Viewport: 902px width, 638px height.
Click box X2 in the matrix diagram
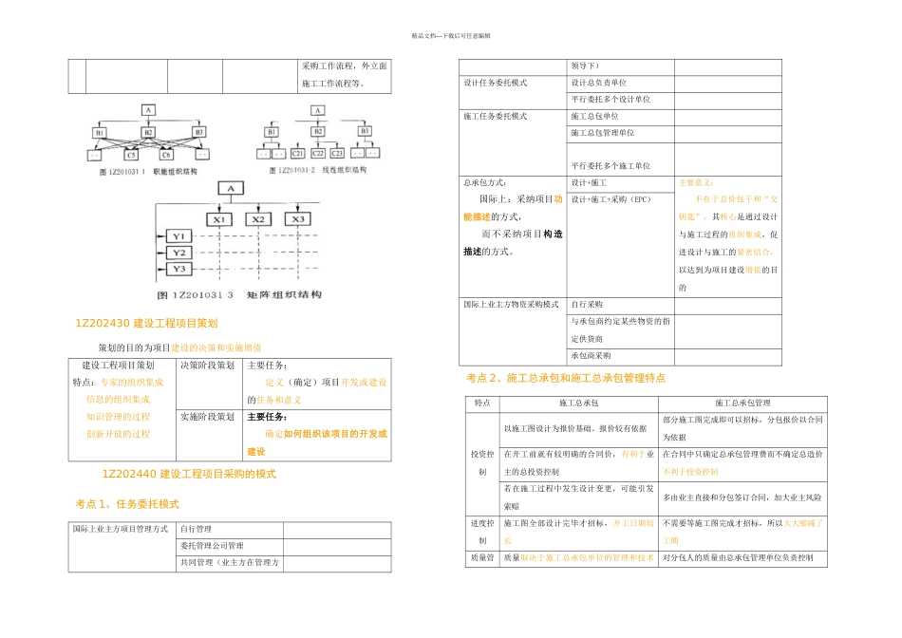(x=256, y=219)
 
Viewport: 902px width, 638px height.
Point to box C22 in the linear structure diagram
(x=318, y=153)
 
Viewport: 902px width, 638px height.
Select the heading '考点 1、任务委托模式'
(x=127, y=504)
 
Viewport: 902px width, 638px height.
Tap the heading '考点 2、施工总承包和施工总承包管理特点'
(x=566, y=378)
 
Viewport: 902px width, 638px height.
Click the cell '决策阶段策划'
(x=206, y=366)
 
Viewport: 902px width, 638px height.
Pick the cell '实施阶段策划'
(x=206, y=417)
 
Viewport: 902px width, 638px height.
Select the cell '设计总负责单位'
(x=598, y=83)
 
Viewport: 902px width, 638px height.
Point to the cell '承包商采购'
(x=591, y=356)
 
